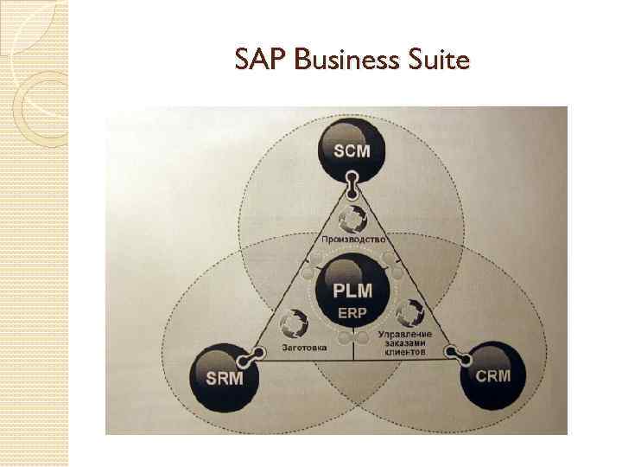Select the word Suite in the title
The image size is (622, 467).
click(438, 61)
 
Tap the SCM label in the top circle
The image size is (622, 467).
click(352, 151)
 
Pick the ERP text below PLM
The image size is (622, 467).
click(352, 312)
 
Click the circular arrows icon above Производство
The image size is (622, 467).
click(352, 216)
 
